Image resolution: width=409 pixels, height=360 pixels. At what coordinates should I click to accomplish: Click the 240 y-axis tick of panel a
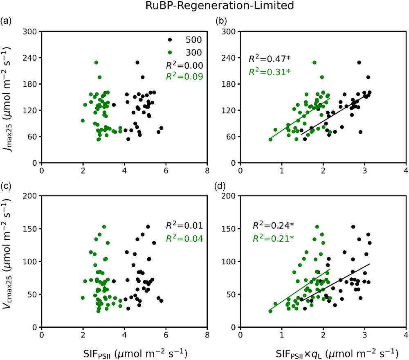coord(31,58)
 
